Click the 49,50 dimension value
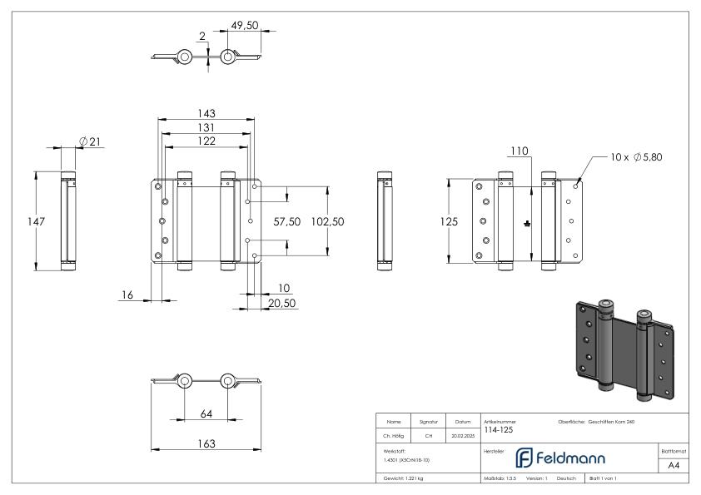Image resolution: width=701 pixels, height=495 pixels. point(243,24)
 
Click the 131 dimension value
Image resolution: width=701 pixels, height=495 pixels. point(205,127)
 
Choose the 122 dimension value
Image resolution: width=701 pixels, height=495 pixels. point(206,141)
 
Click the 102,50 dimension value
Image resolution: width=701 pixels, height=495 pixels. point(327,222)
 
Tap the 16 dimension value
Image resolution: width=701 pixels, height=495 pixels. point(127,295)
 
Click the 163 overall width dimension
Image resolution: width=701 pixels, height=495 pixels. point(204,444)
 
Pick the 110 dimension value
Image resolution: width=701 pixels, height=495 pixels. point(520,151)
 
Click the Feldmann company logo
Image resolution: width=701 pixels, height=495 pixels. point(559,458)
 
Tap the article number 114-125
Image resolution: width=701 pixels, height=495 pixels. point(497,430)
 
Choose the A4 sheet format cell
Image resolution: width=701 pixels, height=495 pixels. point(674,466)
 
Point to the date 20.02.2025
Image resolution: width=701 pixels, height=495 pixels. point(463,435)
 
